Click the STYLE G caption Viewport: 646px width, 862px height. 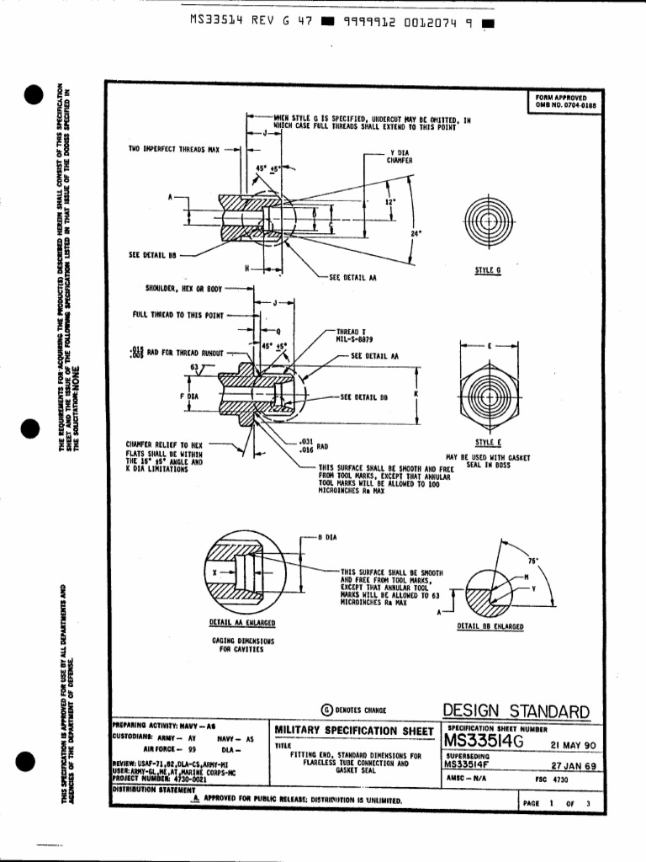point(487,270)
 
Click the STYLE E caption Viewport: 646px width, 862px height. point(487,441)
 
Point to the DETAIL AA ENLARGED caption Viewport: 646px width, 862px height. point(242,623)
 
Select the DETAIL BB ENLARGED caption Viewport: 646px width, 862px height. point(490,627)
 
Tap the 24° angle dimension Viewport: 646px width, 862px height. point(416,233)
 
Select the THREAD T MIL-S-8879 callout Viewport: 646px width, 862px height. point(353,336)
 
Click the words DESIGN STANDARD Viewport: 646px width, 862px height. point(516,711)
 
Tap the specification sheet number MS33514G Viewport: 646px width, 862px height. point(484,742)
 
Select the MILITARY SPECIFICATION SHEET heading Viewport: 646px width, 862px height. point(355,729)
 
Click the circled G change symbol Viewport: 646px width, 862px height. point(327,710)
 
